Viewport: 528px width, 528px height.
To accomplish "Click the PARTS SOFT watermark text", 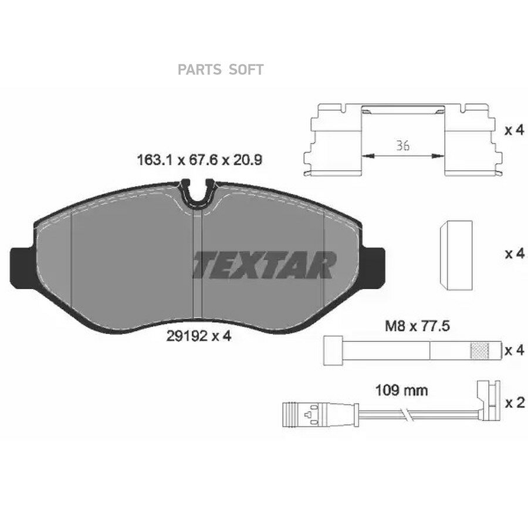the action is (x=220, y=70).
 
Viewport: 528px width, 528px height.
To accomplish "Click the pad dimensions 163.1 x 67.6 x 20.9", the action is (x=199, y=160).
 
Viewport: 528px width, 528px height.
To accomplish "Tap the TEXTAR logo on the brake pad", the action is (x=265, y=265).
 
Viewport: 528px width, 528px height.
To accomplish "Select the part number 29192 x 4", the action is (x=199, y=336).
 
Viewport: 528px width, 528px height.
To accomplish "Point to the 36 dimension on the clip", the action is (x=402, y=146).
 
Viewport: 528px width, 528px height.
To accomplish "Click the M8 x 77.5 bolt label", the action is (x=417, y=326).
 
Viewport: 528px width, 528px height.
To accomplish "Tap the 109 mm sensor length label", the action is (x=401, y=391).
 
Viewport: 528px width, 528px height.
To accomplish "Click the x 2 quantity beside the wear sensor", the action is (x=515, y=402).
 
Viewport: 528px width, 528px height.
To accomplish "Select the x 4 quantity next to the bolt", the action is (x=515, y=351).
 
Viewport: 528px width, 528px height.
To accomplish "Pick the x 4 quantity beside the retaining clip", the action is (x=515, y=130).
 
